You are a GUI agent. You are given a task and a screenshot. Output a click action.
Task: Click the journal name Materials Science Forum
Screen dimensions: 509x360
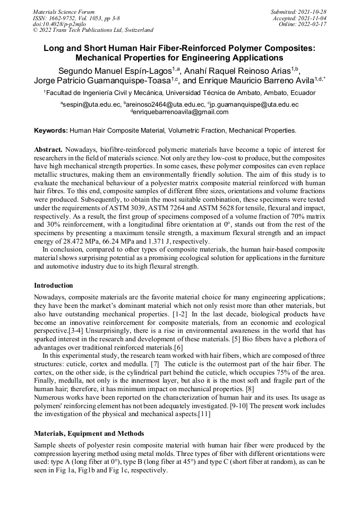64,11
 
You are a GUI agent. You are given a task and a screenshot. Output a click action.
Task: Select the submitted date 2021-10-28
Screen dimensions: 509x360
310,11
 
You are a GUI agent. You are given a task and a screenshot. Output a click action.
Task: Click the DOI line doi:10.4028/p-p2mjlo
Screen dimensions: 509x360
59,24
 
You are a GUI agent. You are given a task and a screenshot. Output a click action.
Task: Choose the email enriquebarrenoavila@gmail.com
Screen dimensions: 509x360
181,112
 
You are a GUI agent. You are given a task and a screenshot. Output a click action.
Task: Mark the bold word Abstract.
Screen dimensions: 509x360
48,150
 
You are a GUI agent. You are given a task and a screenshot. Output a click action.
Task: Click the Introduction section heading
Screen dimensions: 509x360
54,286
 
